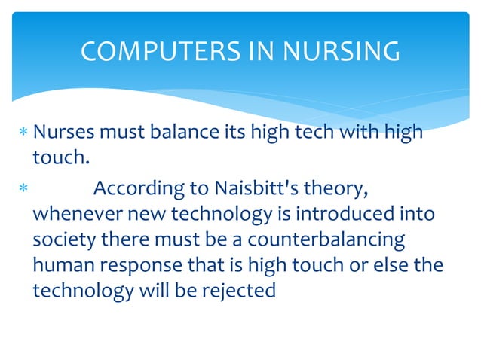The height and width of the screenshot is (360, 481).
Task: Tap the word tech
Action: [316, 134]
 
